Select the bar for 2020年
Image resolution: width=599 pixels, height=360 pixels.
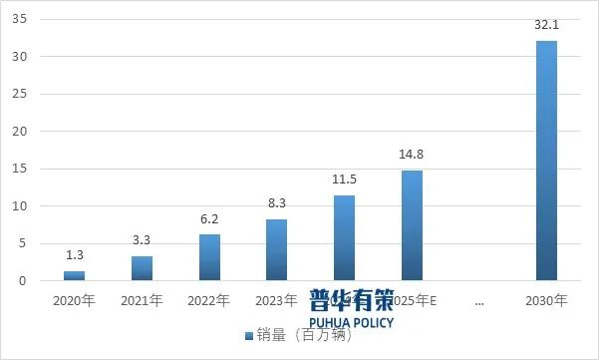(x=74, y=275)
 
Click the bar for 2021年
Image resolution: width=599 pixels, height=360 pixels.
(x=142, y=268)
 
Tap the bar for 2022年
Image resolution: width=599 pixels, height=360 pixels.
(x=209, y=257)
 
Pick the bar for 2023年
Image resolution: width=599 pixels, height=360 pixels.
(x=277, y=249)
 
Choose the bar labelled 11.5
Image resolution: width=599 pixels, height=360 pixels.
(x=344, y=237)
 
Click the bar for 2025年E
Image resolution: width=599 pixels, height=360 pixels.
(x=412, y=225)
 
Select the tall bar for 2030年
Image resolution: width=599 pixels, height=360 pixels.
(x=546, y=161)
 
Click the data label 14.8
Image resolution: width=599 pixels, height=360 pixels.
(x=412, y=155)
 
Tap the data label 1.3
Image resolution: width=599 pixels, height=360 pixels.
(x=74, y=256)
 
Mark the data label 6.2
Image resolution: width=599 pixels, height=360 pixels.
(x=209, y=219)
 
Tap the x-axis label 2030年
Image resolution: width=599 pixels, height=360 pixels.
(x=546, y=299)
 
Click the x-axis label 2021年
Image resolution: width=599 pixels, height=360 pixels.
(x=142, y=299)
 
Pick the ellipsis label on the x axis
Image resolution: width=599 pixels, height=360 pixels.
(x=479, y=299)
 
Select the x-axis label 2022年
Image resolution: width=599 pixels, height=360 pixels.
(x=209, y=299)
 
